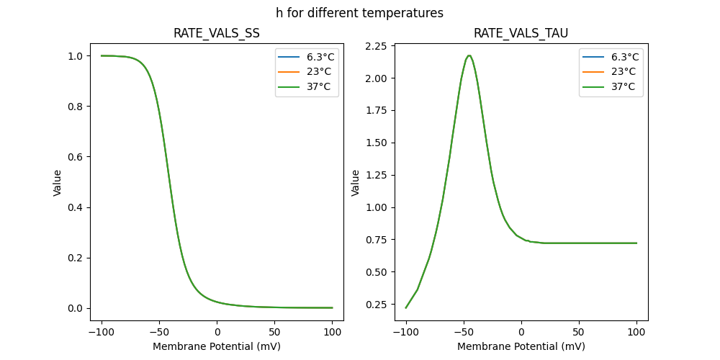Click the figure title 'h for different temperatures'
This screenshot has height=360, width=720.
[359, 13]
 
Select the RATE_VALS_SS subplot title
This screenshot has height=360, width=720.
[217, 33]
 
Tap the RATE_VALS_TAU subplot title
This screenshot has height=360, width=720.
[521, 33]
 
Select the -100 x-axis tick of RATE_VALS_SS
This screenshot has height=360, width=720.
[102, 332]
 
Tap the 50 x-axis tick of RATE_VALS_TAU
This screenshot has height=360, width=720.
[579, 332]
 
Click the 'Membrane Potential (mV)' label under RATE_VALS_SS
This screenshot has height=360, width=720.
[217, 346]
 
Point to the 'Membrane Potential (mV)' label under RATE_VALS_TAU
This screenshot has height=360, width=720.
[521, 346]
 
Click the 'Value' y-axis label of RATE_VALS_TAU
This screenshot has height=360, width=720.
[355, 183]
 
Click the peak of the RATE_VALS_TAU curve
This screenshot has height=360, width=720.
[469, 55]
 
